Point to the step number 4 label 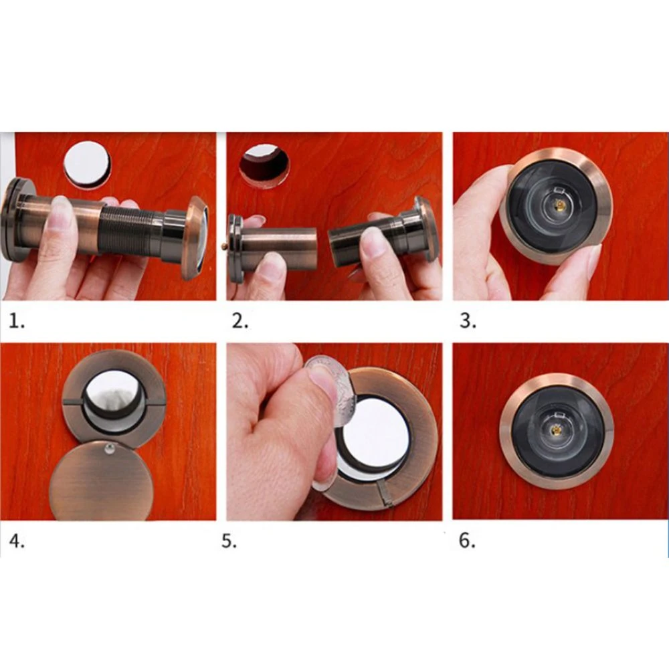tap(17, 541)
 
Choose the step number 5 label tap(229, 541)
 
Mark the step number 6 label tap(466, 541)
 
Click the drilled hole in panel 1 tap(87, 164)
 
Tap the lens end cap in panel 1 tap(194, 237)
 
